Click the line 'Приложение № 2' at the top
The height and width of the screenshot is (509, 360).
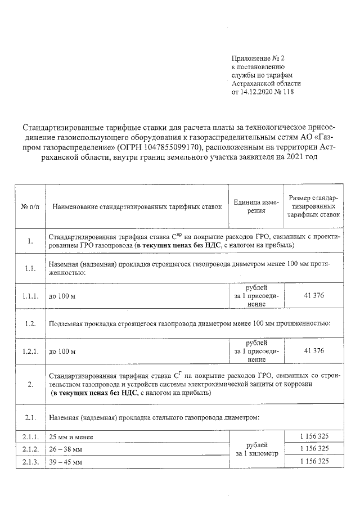pyautogui.click(x=259, y=58)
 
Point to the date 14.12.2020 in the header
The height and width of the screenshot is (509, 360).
pyautogui.click(x=259, y=92)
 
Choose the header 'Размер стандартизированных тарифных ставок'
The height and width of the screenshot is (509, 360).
pyautogui.click(x=313, y=206)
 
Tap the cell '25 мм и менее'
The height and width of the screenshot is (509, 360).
pyautogui.click(x=70, y=437)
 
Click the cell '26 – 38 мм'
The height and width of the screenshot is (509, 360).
pyautogui.click(x=66, y=449)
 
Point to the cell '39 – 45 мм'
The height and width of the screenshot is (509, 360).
pyautogui.click(x=66, y=462)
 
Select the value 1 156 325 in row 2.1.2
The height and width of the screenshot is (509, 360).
pyautogui.click(x=313, y=449)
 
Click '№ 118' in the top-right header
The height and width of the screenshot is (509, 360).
pyautogui.click(x=284, y=92)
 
